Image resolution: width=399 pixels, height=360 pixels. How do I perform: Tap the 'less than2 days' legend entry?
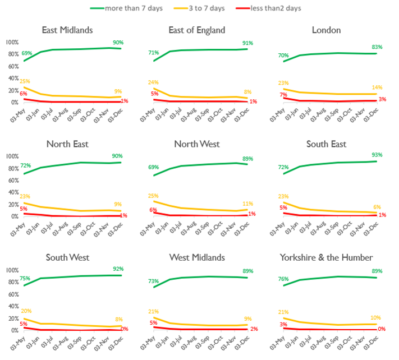pos(279,8)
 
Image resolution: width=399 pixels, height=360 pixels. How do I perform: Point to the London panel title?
pos(332,30)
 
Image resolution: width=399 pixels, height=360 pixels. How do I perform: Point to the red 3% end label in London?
pos(382,99)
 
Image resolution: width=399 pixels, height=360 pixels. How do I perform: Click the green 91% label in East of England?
pos(248,43)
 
